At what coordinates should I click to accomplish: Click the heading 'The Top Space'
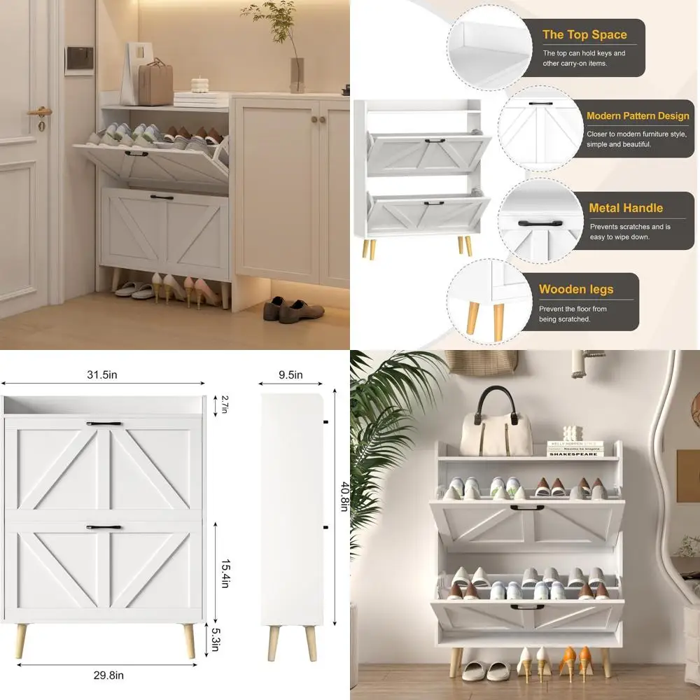[x=584, y=34]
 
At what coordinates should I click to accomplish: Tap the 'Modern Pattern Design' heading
[x=638, y=116]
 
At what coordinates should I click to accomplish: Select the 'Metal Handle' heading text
[x=626, y=208]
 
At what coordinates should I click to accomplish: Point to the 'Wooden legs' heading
[x=576, y=289]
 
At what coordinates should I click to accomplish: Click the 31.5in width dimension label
[x=102, y=374]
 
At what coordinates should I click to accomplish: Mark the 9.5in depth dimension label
[x=290, y=374]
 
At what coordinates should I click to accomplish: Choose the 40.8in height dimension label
[x=343, y=497]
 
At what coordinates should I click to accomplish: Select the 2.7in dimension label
[x=225, y=405]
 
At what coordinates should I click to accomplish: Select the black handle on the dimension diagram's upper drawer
[x=104, y=423]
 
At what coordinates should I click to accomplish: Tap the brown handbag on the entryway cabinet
[x=155, y=83]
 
